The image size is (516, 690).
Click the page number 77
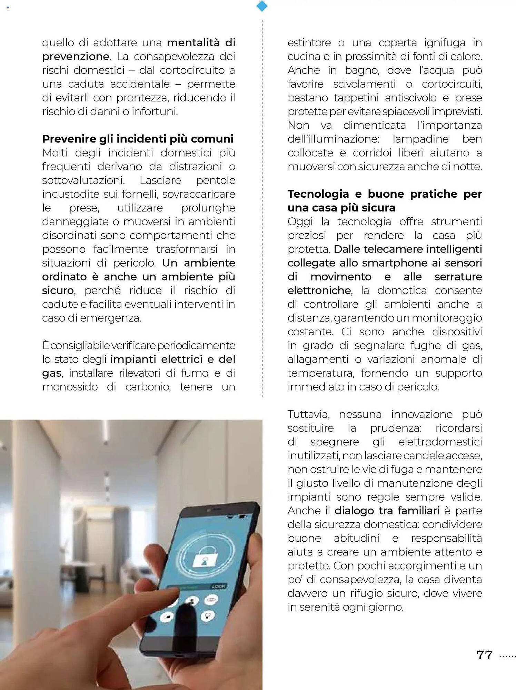(484, 654)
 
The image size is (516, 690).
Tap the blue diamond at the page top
(262, 6)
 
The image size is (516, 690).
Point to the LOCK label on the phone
(218, 586)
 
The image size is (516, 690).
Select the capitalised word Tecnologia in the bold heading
(318, 194)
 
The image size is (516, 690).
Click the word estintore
(309, 43)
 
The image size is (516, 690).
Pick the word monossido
(70, 387)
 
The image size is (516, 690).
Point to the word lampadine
(420, 139)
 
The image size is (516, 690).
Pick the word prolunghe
(208, 208)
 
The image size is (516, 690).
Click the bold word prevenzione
(76, 56)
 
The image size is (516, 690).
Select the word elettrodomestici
(440, 442)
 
